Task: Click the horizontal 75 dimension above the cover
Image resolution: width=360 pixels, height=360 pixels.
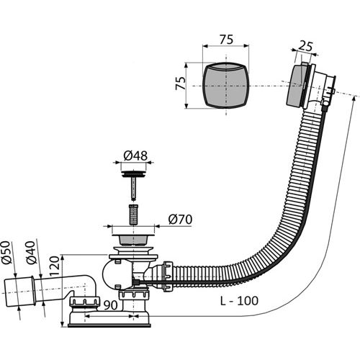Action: coord(226,40)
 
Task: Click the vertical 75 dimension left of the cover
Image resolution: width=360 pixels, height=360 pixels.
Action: coord(181,83)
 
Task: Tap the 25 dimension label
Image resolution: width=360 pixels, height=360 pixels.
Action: coord(306,46)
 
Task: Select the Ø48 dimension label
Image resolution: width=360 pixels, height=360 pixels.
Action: coord(135,156)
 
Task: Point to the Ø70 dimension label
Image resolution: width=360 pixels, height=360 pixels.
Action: coord(180,220)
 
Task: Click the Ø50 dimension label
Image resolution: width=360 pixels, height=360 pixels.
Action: coord(7,253)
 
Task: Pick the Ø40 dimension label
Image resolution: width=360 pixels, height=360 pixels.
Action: coord(31,253)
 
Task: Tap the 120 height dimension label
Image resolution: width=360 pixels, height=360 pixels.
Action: coord(54,266)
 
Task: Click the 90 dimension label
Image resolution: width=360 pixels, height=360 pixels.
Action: coord(111,305)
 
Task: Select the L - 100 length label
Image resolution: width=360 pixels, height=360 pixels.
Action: coord(239,301)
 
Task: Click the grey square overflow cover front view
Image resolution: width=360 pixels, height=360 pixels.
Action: coord(226,85)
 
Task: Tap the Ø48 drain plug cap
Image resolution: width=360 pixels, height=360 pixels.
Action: coord(133,174)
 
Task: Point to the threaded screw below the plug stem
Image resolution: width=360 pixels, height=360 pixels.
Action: coord(133,215)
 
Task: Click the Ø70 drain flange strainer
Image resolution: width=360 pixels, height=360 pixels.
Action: coord(133,239)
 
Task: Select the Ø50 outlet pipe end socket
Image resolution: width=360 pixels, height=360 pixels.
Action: coord(20,292)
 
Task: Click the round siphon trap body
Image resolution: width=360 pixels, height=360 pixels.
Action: coord(117,274)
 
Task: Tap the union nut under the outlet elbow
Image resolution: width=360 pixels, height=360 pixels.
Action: coord(84,301)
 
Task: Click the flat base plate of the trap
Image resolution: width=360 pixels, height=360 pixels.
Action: coord(109,325)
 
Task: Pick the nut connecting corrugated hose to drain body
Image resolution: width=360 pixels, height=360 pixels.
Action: coord(168,276)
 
